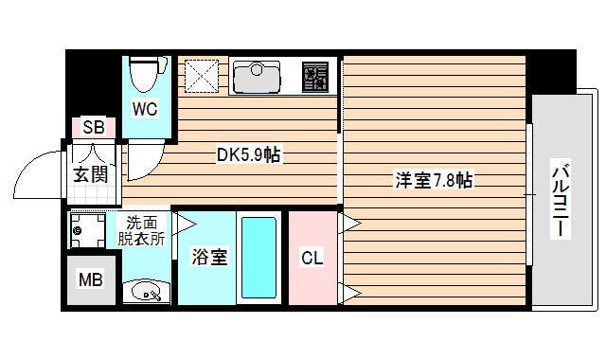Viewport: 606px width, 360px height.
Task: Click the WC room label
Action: pos(145,109)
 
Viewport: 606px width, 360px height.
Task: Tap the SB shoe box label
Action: pos(93,128)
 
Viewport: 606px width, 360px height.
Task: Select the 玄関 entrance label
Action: pos(92,173)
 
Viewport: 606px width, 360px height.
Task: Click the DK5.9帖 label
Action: pos(248,154)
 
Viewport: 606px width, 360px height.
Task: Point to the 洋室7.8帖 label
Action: pos(434,180)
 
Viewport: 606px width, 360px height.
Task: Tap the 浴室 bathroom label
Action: pos(207,257)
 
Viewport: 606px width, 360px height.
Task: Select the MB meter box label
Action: pos(91,280)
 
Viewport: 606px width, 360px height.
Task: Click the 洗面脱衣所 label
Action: pos(141,232)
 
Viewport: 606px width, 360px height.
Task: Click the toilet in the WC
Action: pos(145,74)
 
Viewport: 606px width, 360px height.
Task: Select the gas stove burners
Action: pos(315,76)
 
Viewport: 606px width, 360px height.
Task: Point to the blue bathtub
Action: pos(258,258)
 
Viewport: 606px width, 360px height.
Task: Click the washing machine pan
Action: pos(91,229)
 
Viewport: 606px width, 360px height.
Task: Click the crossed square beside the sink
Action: pos(201,75)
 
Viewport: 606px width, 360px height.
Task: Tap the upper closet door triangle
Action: pos(349,224)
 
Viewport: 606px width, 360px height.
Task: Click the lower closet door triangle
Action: pos(349,290)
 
